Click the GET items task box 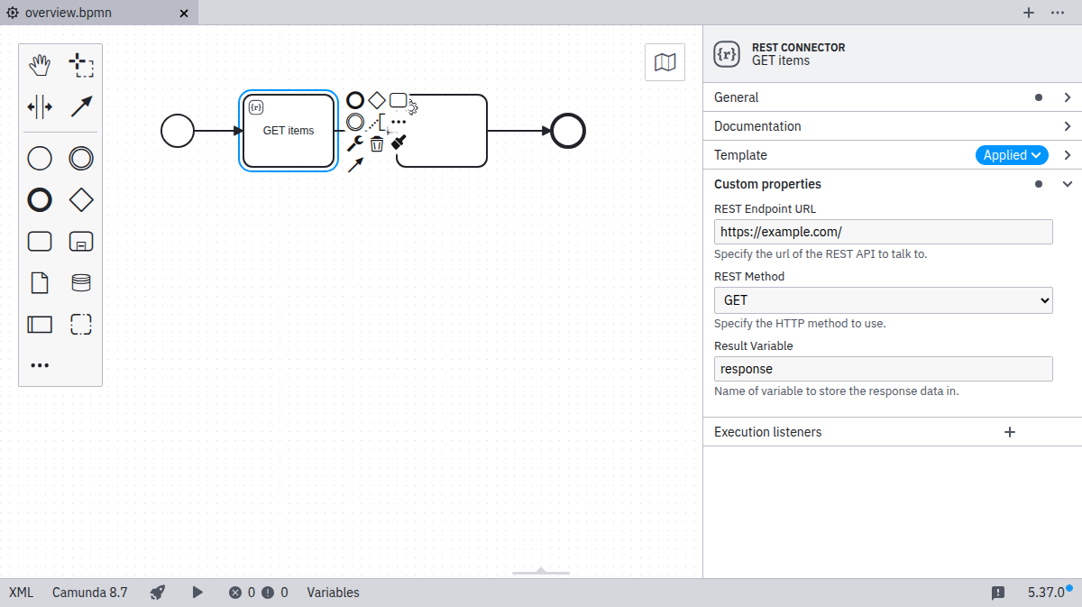click(289, 131)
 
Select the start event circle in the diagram click(178, 131)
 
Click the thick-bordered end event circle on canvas click(568, 131)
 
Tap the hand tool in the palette click(40, 65)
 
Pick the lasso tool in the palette click(81, 65)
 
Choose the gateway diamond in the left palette click(81, 199)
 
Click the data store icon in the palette click(81, 283)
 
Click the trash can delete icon click(377, 143)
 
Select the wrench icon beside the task click(355, 143)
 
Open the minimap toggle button click(665, 62)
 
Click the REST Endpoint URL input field click(883, 232)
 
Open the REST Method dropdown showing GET click(883, 300)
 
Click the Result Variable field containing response click(883, 369)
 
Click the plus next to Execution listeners click(1010, 432)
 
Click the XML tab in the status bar click(21, 593)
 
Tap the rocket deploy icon click(158, 593)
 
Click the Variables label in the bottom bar click(333, 593)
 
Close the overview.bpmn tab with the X click(184, 14)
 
